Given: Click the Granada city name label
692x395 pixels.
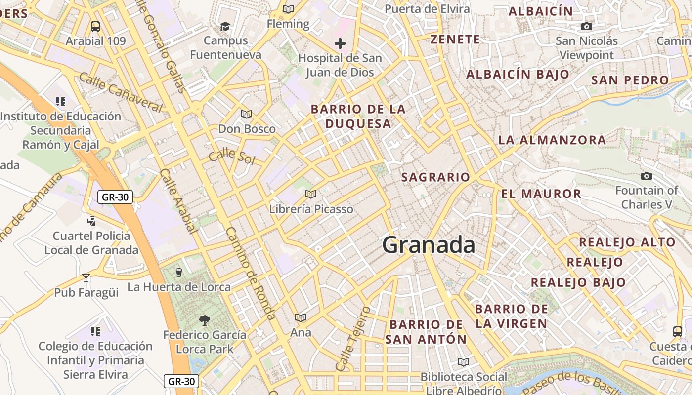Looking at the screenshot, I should tap(429, 245).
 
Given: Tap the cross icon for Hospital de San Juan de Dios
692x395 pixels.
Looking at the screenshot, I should tap(340, 43).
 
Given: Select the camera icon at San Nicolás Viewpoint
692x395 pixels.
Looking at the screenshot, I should tap(587, 26).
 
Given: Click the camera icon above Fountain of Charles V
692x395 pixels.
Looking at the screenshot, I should tap(646, 176).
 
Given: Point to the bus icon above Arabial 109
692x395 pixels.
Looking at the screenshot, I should tap(95, 27).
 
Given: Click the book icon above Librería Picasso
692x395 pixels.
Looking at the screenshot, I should tap(310, 195).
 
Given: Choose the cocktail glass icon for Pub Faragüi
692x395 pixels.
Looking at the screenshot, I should tap(86, 277).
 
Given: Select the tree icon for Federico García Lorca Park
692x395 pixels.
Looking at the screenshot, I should tap(204, 320).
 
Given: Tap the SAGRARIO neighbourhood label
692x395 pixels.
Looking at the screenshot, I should tap(435, 177).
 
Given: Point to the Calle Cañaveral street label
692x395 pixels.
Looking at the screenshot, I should tap(121, 92).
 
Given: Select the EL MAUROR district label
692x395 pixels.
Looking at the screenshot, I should tap(541, 194).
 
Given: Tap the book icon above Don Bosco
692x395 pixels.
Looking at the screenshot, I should tap(246, 115).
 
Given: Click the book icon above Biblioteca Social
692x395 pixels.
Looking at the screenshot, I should tap(463, 362).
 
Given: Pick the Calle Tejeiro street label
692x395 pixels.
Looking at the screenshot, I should tap(352, 339).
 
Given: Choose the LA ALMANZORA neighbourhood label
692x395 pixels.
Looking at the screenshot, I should tap(552, 140).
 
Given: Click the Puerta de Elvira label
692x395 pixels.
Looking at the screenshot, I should tap(427, 9).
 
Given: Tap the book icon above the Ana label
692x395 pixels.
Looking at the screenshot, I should tap(300, 317).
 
